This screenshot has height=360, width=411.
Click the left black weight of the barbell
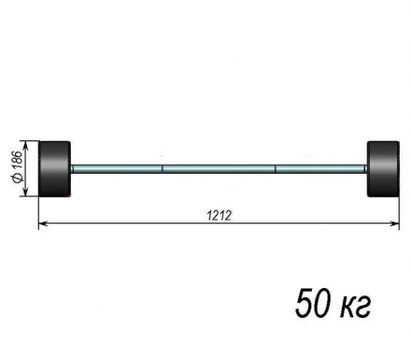pyautogui.click(x=55, y=168)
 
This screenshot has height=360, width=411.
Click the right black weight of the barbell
pyautogui.click(x=383, y=168)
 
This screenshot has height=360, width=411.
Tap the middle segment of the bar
pyautogui.click(x=219, y=168)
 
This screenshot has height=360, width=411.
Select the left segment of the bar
pyautogui.click(x=117, y=168)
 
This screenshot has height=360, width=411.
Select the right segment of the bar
pyautogui.click(x=320, y=168)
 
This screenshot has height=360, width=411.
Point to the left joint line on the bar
pyautogui.click(x=163, y=168)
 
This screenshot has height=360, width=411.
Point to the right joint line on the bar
pyautogui.click(x=276, y=168)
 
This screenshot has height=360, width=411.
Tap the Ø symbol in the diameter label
pyautogui.click(x=18, y=187)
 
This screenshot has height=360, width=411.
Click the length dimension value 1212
pyautogui.click(x=220, y=214)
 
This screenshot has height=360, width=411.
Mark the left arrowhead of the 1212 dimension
pyautogui.click(x=43, y=223)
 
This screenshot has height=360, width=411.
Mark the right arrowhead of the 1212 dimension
pyautogui.click(x=394, y=223)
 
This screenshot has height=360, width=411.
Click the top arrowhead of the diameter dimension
pyautogui.click(x=28, y=145)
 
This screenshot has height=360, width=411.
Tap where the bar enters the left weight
pyautogui.click(x=72, y=168)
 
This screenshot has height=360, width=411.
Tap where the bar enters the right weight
pyautogui.click(x=367, y=168)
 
